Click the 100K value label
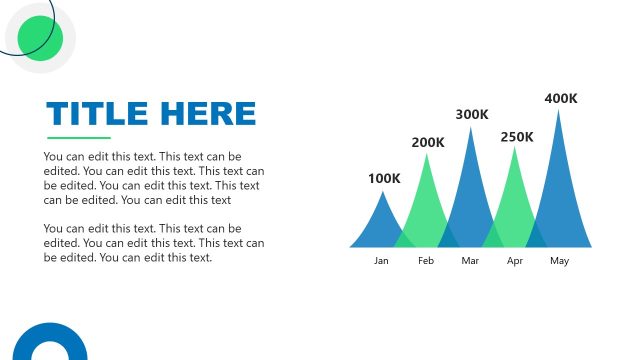(384, 179)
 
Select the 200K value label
(428, 142)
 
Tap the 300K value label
(472, 115)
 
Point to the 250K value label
(517, 137)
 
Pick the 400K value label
(561, 98)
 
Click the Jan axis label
(381, 261)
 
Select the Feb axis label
(426, 261)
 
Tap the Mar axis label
(471, 261)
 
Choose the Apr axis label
(515, 261)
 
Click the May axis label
(560, 261)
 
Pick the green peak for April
(515, 200)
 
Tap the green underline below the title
(79, 138)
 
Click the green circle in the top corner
(41, 38)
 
